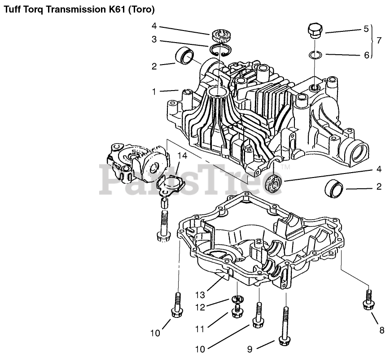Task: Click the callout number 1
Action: (154, 91)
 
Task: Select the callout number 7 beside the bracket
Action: (379, 40)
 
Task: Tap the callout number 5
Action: (366, 29)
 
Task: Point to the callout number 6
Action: (366, 55)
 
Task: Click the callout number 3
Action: (154, 39)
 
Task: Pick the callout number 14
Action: (182, 156)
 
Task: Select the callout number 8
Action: (381, 331)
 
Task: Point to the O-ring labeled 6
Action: (316, 55)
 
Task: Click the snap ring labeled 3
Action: (221, 50)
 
